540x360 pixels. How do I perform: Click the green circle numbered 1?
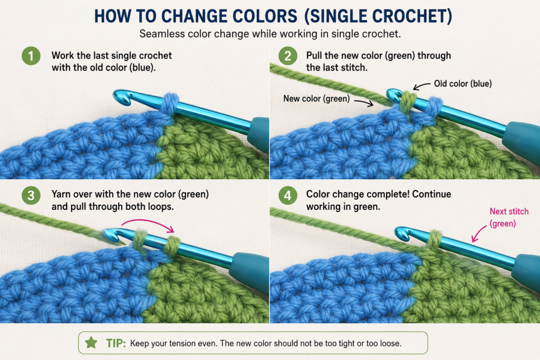(31, 56)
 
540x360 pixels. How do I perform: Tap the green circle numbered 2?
(287, 56)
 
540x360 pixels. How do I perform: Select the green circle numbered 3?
(31, 195)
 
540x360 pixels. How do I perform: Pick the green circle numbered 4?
(287, 195)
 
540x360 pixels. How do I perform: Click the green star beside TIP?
(91, 343)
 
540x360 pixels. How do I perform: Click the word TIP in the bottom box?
(115, 343)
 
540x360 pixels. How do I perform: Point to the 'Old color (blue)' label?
(462, 84)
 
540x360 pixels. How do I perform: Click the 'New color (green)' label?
(316, 99)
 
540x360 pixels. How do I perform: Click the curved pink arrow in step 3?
(148, 221)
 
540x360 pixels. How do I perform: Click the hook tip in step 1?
(119, 96)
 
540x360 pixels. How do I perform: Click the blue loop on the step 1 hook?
(170, 103)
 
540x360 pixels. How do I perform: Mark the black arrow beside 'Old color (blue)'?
(421, 86)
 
